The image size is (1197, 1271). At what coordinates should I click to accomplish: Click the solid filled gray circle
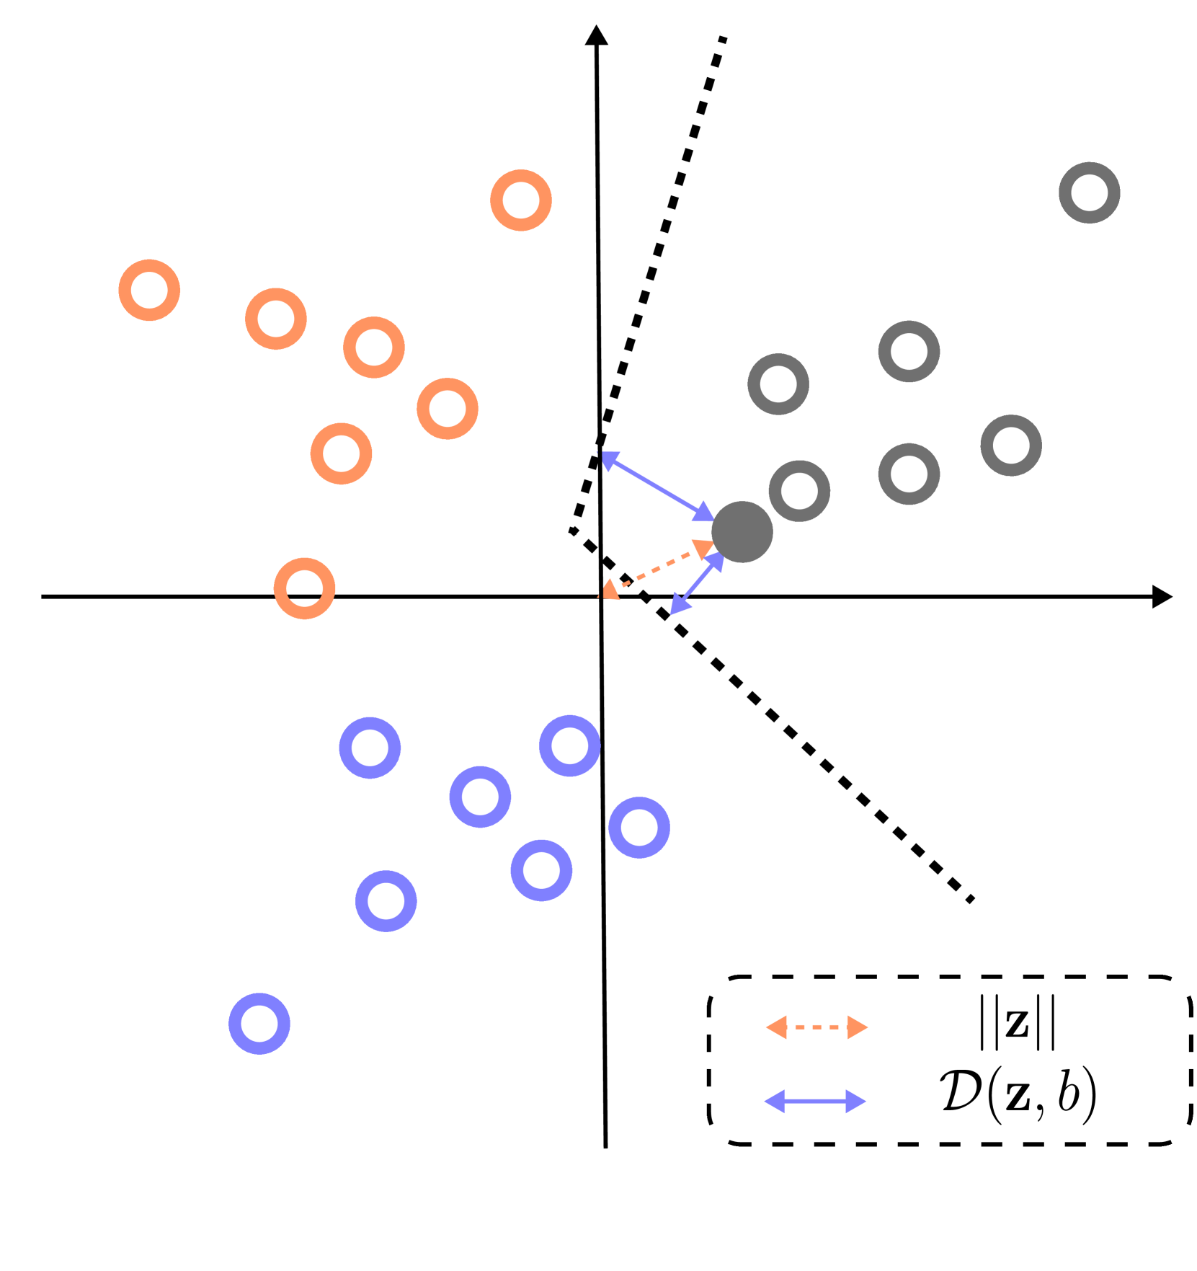coord(742,532)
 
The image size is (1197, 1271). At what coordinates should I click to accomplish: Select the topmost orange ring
coord(521,200)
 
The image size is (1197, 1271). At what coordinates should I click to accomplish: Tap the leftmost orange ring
coord(149,290)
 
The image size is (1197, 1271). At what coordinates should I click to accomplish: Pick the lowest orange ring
coord(304,588)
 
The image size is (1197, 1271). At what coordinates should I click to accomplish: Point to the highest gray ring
coord(1089,192)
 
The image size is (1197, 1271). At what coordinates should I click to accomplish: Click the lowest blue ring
coord(259,1024)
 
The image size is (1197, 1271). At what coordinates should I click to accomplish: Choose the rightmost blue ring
coord(639,828)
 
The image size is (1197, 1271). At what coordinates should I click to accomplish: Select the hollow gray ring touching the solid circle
coord(799,491)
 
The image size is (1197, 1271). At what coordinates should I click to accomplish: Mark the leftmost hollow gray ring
coord(778,384)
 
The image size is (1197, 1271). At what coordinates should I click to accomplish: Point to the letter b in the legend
coord(1068,1092)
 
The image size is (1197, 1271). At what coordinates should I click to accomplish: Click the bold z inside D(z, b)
coord(1018,1096)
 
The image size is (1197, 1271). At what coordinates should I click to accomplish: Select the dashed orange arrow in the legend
coord(816,1027)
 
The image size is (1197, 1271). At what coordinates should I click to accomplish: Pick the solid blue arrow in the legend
coord(815,1102)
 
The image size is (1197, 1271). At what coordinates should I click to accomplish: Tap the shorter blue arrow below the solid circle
coord(697,584)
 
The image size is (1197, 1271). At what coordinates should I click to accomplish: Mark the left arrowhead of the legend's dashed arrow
coord(776,1027)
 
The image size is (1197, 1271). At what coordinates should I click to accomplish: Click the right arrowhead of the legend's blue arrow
coord(855,1102)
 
